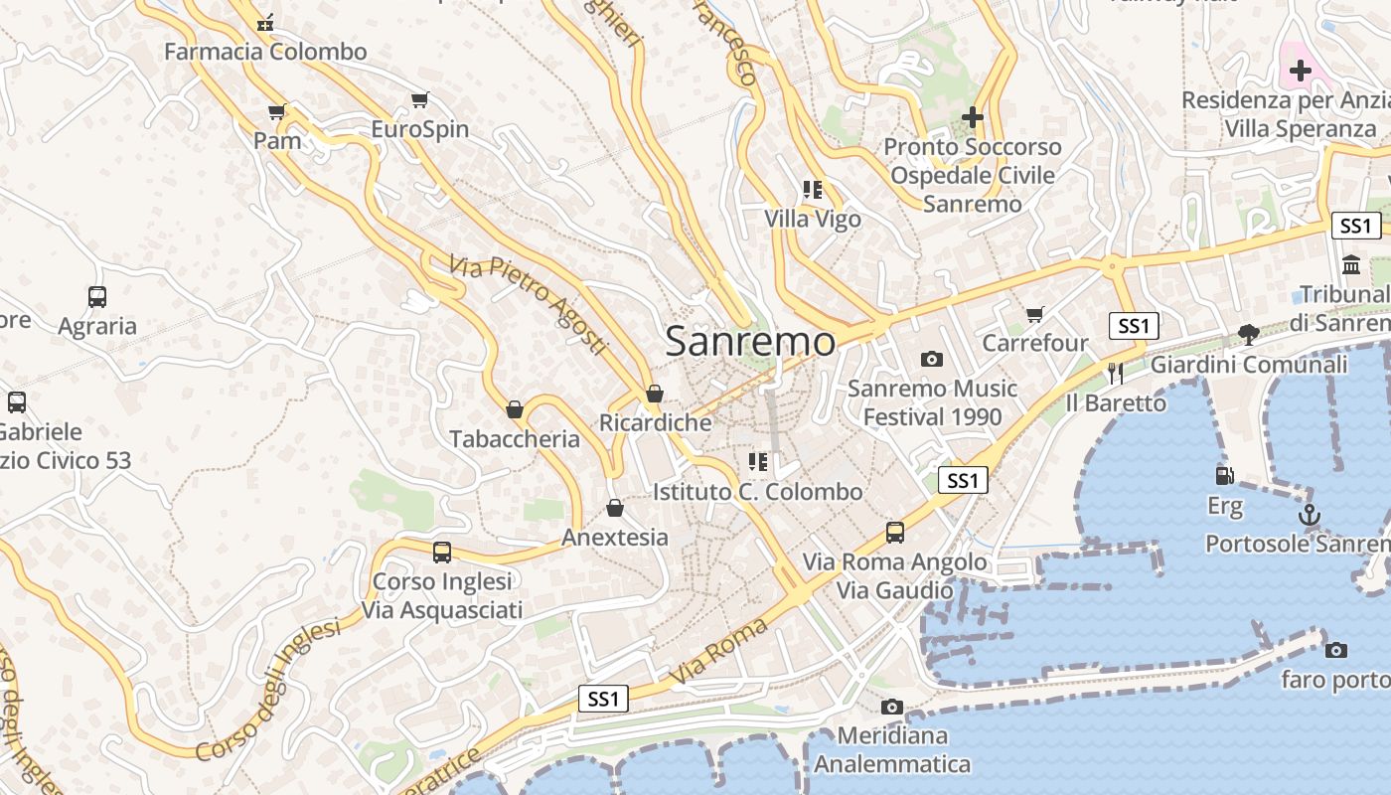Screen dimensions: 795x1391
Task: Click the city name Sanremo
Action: coord(750,341)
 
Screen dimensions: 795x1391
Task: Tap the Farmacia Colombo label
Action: coord(265,51)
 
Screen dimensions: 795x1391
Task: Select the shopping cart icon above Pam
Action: coord(277,111)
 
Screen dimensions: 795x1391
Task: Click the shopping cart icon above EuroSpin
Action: coord(420,99)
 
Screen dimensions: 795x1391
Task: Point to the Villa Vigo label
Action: coord(813,219)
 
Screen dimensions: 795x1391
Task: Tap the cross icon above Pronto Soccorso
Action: coord(972,117)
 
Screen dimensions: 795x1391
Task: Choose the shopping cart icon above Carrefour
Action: coord(1035,315)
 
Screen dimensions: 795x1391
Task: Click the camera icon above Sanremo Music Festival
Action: coord(931,359)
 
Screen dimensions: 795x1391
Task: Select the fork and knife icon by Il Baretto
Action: coord(1115,374)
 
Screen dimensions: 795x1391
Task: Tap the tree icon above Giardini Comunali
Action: coord(1249,335)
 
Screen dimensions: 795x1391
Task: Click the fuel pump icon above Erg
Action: coord(1225,477)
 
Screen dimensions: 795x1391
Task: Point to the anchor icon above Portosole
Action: coord(1310,515)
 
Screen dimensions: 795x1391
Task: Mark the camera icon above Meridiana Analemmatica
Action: coord(892,707)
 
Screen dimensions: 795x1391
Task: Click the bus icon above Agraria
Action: coord(97,296)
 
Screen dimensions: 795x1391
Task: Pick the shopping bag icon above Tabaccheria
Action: coord(515,409)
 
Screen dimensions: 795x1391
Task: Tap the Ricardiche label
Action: coord(656,422)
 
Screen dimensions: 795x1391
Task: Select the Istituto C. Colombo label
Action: coord(757,492)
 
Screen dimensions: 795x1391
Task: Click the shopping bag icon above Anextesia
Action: coord(615,508)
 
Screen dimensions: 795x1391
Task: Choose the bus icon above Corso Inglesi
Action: coord(442,552)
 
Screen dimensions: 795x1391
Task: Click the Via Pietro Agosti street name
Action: coord(527,304)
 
